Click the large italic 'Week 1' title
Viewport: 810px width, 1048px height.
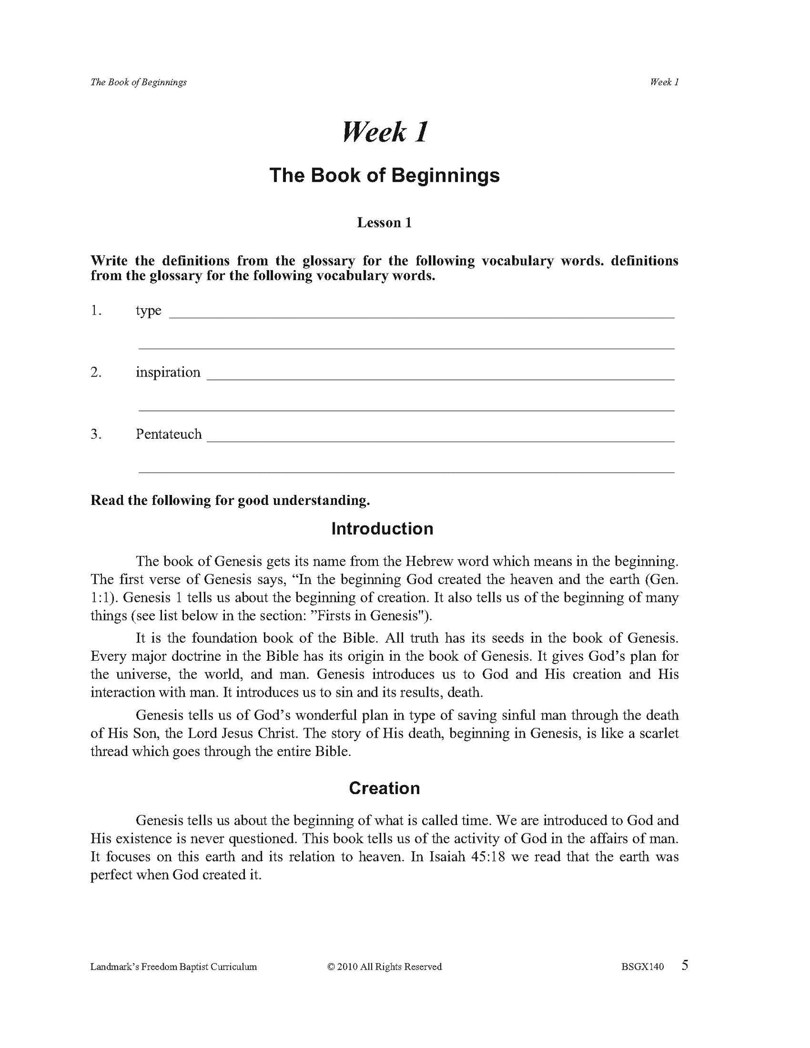pyautogui.click(x=385, y=132)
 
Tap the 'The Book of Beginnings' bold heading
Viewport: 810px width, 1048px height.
pyautogui.click(x=385, y=175)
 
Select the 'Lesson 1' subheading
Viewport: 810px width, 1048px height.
pyautogui.click(x=385, y=222)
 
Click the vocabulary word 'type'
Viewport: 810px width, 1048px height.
pyautogui.click(x=149, y=311)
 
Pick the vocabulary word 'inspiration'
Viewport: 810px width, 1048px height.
pyautogui.click(x=168, y=372)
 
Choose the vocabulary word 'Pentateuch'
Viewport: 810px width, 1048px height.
pyautogui.click(x=169, y=434)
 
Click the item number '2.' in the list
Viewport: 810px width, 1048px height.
pyautogui.click(x=96, y=372)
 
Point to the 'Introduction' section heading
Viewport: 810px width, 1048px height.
pyautogui.click(x=382, y=528)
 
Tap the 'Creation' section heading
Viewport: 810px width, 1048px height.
pyautogui.click(x=384, y=788)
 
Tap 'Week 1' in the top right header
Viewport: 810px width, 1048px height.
pyautogui.click(x=664, y=82)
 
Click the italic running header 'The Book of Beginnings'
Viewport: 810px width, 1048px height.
pyautogui.click(x=138, y=82)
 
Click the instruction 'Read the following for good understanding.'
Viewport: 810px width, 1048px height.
pyautogui.click(x=230, y=500)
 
